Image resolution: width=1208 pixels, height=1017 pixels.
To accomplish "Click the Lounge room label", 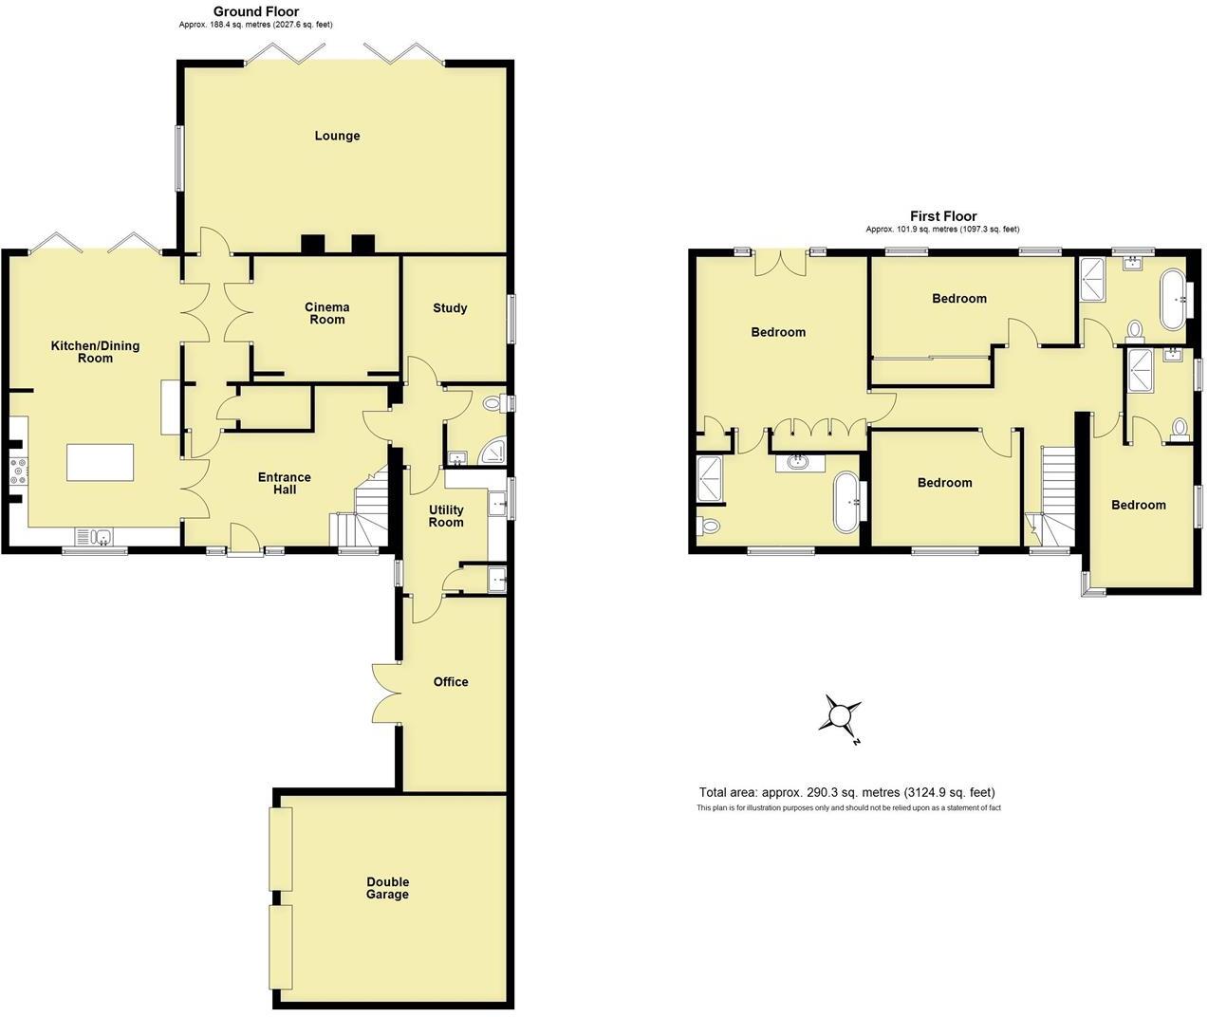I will click(337, 136).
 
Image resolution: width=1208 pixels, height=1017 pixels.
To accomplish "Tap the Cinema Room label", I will click(326, 313).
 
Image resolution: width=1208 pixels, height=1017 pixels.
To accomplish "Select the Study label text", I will click(450, 308).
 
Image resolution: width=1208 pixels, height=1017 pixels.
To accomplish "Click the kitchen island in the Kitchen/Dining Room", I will click(100, 462).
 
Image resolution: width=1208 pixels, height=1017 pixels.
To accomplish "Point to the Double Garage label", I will click(387, 888).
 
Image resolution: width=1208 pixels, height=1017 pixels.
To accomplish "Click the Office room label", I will click(451, 682).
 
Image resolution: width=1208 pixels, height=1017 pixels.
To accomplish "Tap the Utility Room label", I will click(446, 516).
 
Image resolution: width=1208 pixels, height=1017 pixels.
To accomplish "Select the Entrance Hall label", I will click(285, 483).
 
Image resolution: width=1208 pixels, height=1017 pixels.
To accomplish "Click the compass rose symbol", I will click(841, 713).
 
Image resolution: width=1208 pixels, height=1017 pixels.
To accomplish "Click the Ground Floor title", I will click(255, 11).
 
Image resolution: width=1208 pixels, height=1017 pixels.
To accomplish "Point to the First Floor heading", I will click(943, 216).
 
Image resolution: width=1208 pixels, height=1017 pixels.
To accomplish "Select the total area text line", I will click(846, 792).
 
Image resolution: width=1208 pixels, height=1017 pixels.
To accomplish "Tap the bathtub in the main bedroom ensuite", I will click(846, 501).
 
